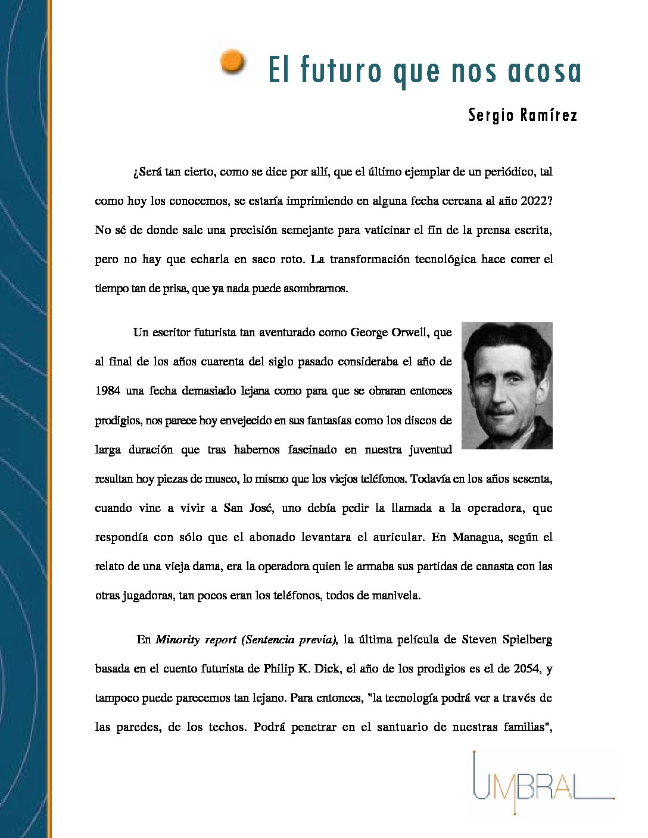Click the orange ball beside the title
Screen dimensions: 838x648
(x=233, y=62)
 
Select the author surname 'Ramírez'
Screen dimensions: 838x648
(x=549, y=115)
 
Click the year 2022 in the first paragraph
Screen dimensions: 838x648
(x=536, y=201)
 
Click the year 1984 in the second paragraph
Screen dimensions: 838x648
(x=108, y=391)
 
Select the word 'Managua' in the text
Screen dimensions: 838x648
(x=475, y=537)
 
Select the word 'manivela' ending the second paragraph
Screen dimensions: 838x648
(x=398, y=596)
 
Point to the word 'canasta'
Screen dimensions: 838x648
(x=494, y=567)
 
